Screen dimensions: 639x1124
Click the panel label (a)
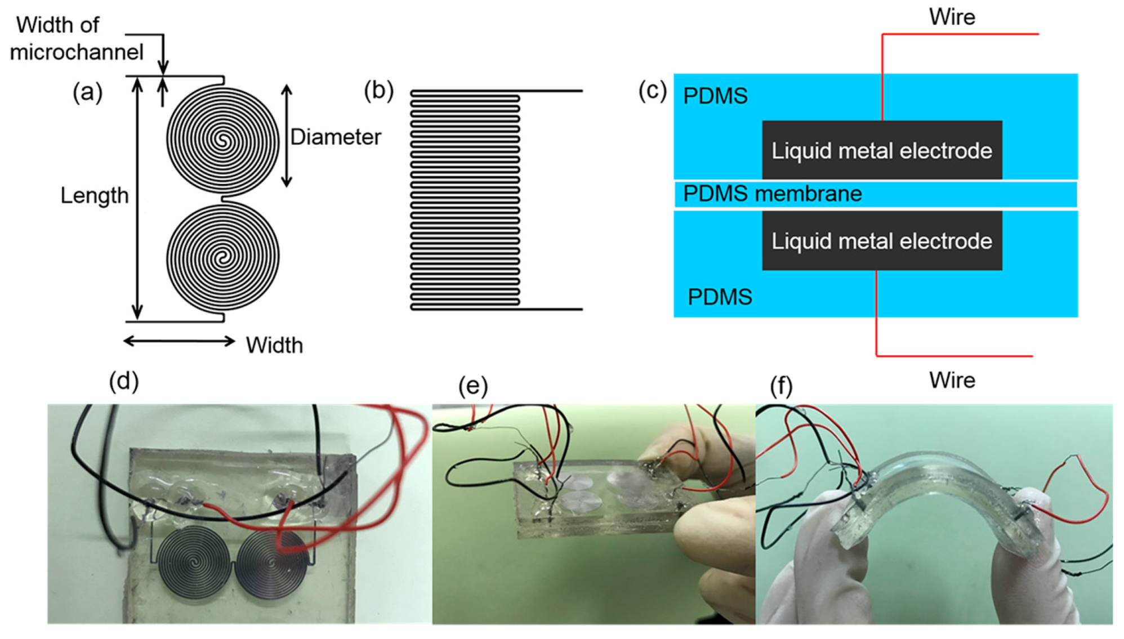(87, 92)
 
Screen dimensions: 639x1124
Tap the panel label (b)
(378, 90)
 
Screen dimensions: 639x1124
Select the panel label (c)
(652, 90)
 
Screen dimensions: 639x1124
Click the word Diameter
(336, 137)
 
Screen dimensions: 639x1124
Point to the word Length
(94, 195)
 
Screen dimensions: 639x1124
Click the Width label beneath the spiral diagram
(274, 345)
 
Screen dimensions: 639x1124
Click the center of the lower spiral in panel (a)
(222, 258)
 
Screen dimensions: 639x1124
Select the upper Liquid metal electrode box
(881, 150)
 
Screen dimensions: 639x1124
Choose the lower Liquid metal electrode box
(881, 241)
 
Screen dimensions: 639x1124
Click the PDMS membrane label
(772, 194)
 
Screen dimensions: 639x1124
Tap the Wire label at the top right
(952, 17)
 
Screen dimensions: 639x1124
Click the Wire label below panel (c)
(952, 380)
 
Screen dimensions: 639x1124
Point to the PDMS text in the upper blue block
(715, 96)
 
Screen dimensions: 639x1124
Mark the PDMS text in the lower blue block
(720, 297)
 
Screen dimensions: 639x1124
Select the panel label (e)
(472, 386)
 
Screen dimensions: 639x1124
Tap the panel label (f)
(781, 386)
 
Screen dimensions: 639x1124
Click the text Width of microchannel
(76, 38)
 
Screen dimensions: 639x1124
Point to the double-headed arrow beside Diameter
(287, 136)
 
